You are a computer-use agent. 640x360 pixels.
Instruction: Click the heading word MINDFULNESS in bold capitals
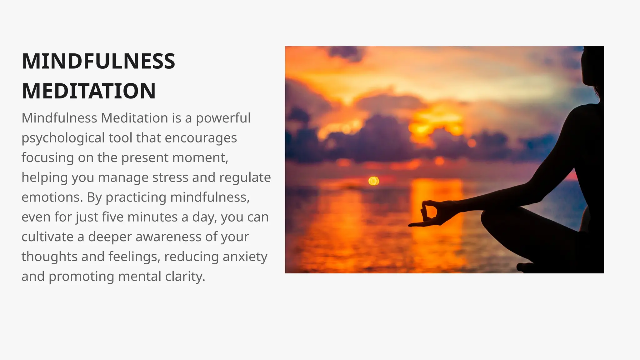point(98,61)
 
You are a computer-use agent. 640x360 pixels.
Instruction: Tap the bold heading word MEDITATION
point(89,91)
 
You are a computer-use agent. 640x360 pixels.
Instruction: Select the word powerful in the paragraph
point(223,118)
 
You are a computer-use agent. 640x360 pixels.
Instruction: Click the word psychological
point(63,138)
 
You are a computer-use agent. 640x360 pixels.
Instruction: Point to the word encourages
point(201,138)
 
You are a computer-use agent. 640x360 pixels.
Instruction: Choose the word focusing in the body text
point(47,158)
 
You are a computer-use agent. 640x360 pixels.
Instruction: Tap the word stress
point(170,177)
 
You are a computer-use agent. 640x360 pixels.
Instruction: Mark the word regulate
point(245,177)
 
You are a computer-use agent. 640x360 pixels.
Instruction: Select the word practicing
point(136,197)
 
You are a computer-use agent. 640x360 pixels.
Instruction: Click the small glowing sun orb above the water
point(373,181)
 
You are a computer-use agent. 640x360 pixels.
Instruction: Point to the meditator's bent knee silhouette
point(491,219)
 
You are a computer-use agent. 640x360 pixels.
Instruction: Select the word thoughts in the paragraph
point(50,257)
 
